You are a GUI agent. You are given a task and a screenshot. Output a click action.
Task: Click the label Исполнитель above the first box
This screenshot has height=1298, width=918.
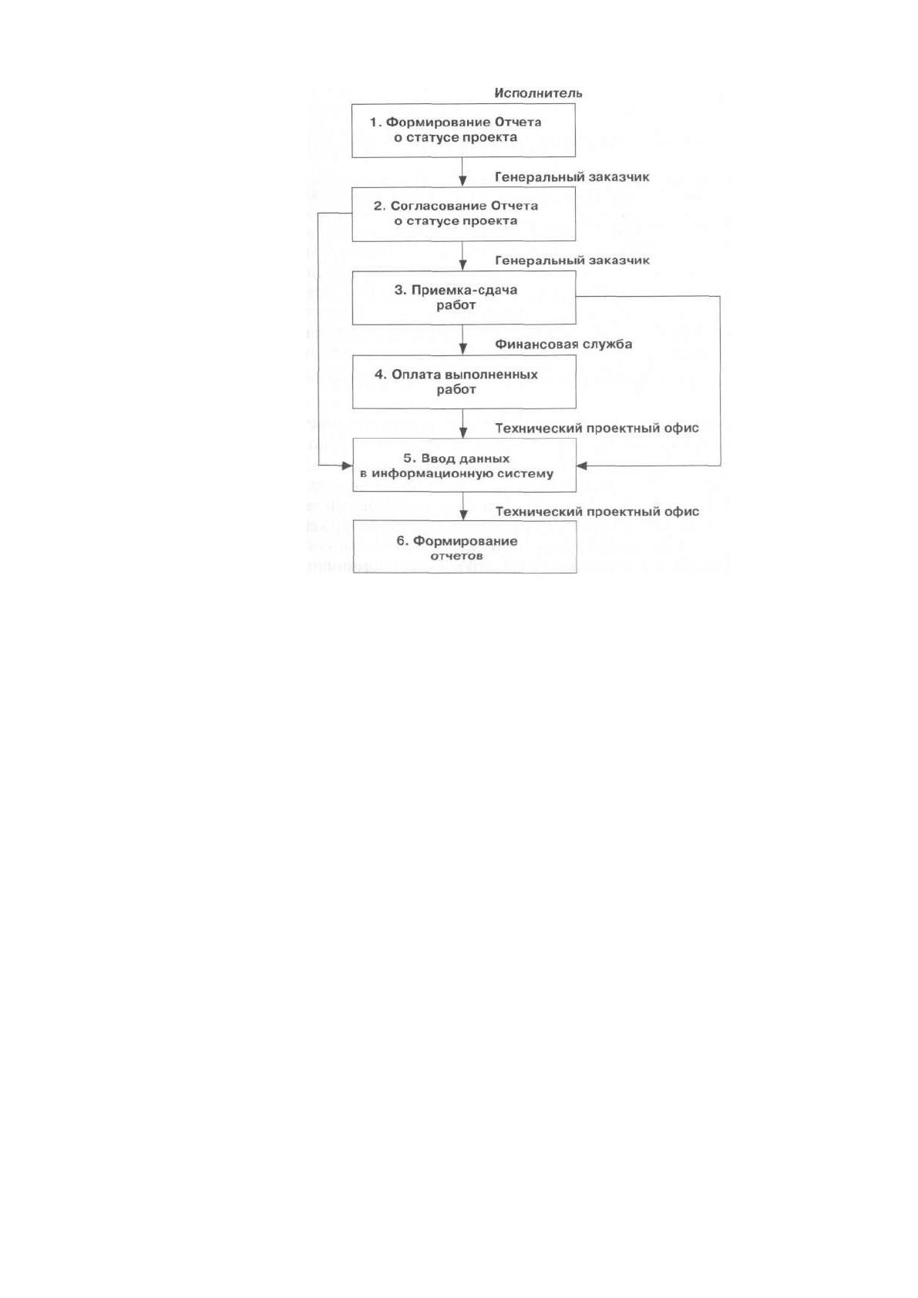click(538, 92)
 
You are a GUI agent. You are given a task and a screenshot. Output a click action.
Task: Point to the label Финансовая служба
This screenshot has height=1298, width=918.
click(563, 345)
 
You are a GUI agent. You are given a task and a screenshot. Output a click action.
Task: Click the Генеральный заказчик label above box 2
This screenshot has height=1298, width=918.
click(571, 177)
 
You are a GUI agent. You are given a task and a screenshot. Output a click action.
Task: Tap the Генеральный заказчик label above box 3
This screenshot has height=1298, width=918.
click(571, 261)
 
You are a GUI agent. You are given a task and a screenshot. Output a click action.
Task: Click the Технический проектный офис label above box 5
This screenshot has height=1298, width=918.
click(597, 429)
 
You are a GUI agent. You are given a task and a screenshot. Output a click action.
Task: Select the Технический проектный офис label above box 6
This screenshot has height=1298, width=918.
click(597, 512)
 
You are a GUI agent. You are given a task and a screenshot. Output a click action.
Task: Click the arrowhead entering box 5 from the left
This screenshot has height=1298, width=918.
click(347, 466)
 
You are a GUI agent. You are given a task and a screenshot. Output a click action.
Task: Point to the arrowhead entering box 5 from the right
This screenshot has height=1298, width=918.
click(582, 466)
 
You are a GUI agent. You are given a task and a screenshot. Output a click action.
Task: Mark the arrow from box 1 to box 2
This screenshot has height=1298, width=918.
click(462, 172)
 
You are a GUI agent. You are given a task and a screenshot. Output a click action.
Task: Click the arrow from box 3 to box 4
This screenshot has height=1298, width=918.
click(462, 340)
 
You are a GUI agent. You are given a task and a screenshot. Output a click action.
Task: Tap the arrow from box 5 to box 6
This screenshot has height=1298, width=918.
click(463, 506)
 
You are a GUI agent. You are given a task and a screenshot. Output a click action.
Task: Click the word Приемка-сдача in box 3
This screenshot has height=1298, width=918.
click(464, 291)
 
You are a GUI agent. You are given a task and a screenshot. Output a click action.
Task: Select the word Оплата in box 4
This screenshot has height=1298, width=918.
click(409, 375)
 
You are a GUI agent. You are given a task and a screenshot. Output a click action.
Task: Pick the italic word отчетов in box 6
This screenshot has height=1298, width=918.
click(456, 557)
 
